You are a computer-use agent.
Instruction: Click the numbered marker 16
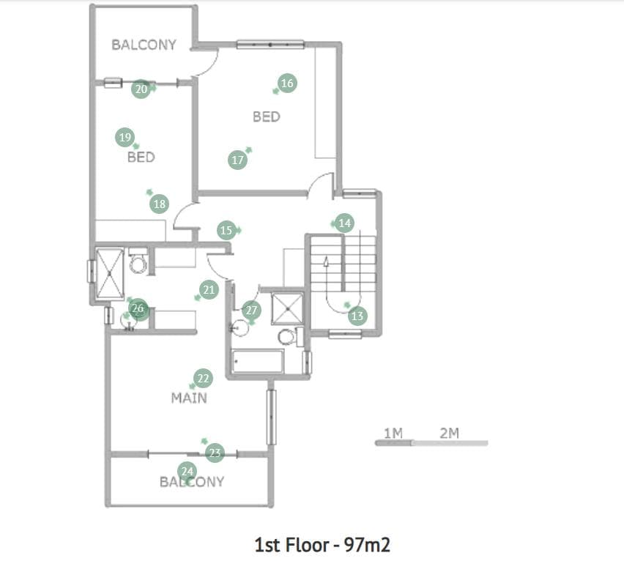tap(287, 83)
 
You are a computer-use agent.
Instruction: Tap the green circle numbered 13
tap(357, 316)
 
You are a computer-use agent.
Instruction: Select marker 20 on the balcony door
tap(141, 89)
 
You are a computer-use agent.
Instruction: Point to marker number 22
tap(203, 379)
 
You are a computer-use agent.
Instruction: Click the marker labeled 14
tap(345, 223)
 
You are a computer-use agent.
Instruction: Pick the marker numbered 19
tap(125, 137)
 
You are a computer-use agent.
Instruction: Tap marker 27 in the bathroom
tap(251, 311)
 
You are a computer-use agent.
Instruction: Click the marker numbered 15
tap(226, 231)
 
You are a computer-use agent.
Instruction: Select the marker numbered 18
tap(159, 204)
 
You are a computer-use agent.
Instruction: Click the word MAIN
tap(189, 398)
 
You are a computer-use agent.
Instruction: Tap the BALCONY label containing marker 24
tap(192, 482)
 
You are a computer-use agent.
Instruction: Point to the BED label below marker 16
tap(267, 116)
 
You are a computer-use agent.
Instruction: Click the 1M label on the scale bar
tap(393, 433)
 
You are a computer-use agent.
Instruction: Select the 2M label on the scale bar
tap(450, 433)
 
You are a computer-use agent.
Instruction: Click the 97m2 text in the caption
tap(368, 545)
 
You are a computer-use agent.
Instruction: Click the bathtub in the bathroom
tap(258, 362)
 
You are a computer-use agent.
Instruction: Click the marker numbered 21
tap(209, 290)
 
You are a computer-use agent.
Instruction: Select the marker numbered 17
tap(237, 160)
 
